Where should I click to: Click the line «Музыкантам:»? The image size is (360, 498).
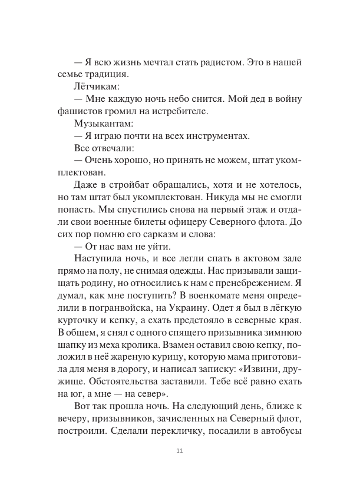(104, 124)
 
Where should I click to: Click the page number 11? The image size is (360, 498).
(180, 451)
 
